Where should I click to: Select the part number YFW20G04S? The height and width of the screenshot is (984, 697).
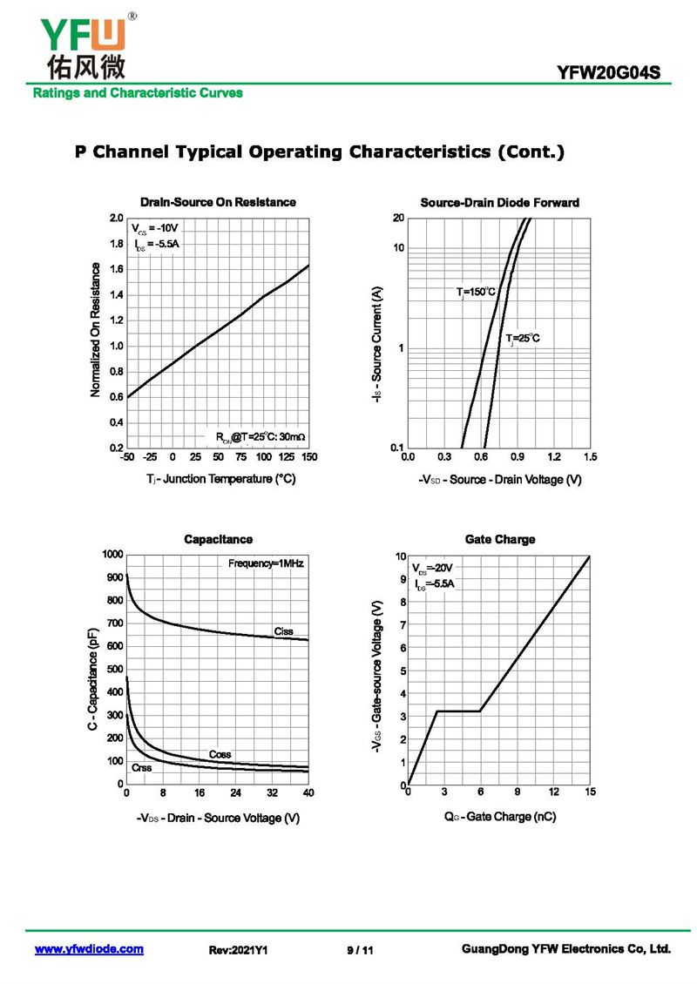point(614,73)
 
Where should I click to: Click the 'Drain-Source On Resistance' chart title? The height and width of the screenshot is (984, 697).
point(218,202)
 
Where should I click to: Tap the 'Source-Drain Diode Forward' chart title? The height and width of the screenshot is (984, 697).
point(499,202)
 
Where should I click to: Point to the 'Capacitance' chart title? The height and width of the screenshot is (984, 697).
point(218,540)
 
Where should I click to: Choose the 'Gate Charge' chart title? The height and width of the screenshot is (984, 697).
point(499,540)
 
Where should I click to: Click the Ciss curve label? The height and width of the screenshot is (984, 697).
point(283,631)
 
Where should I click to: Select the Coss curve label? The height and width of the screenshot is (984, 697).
point(220,754)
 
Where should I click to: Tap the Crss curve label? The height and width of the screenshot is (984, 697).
point(141,768)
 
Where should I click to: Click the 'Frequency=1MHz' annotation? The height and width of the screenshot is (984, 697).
point(266,563)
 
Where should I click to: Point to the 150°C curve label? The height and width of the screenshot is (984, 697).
point(477,292)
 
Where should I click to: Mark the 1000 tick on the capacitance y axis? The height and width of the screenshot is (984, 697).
point(113,555)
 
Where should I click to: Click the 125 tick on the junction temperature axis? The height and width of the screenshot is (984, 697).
point(286,457)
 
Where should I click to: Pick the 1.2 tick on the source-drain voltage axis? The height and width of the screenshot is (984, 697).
point(553,457)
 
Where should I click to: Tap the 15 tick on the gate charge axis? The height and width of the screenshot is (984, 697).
point(590,792)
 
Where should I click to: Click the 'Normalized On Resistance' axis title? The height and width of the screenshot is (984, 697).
point(96,331)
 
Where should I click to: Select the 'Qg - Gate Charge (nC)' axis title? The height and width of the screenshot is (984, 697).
point(499,817)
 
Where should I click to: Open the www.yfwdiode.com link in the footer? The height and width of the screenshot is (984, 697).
point(89,949)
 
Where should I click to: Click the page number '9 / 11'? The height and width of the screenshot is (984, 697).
point(360,950)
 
